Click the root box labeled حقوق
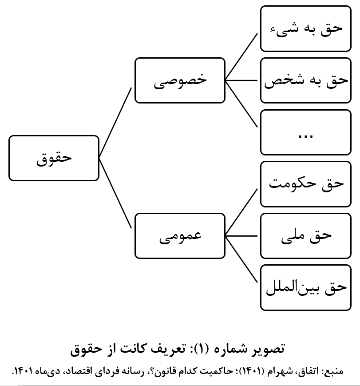pos(54,158)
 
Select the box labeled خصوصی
pos(180,80)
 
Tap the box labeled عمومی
pos(180,236)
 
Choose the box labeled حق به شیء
pos(305,28)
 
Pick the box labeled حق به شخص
pos(305,80)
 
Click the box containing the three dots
pos(305,132)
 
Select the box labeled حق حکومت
pos(305,184)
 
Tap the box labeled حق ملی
pos(305,236)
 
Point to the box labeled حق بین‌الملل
pos(305,287)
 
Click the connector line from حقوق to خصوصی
pos(115,123)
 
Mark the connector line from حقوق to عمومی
pos(115,193)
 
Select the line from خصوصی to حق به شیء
pos(241,57)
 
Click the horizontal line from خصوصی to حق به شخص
pos(241,80)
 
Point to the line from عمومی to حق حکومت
pos(241,212)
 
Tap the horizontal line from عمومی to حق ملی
pos(241,236)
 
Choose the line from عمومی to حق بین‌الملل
pos(241,259)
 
